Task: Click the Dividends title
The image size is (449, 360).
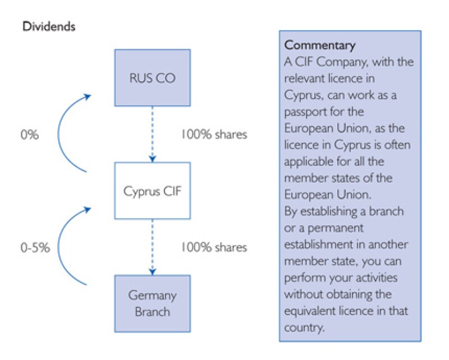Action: [48, 26]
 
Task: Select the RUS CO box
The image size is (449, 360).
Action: [152, 78]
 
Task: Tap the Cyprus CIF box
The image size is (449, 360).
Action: [152, 191]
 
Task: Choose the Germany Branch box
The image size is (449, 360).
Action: [152, 303]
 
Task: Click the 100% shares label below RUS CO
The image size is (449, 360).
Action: [213, 135]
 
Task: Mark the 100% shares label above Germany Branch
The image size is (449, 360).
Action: [213, 247]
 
